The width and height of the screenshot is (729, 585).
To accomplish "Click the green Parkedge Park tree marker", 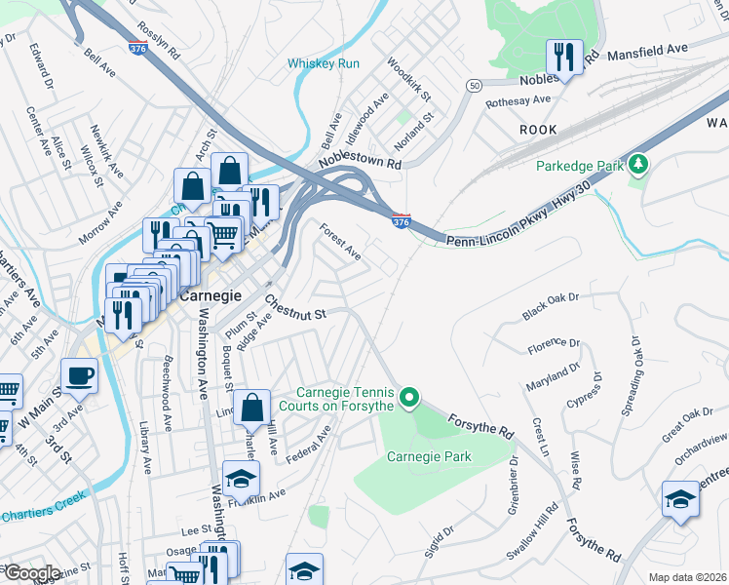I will click(x=638, y=164).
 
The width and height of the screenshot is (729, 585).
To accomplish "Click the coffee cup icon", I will click(x=79, y=374).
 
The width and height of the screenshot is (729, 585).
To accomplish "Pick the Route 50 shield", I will click(x=474, y=86).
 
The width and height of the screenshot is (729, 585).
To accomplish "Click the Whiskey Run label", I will click(x=324, y=63).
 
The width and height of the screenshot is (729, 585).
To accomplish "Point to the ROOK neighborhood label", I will click(x=538, y=130).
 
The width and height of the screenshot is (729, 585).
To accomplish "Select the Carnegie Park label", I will click(x=429, y=456).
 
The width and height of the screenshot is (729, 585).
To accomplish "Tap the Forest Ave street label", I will click(x=341, y=242).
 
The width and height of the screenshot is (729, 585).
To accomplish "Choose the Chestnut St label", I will click(x=293, y=307).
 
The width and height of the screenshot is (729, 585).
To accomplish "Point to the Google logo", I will click(x=32, y=573).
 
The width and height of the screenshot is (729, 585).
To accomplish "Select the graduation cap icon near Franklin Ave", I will click(x=240, y=477).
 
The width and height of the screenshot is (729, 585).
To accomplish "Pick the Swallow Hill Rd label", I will click(x=531, y=531).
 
